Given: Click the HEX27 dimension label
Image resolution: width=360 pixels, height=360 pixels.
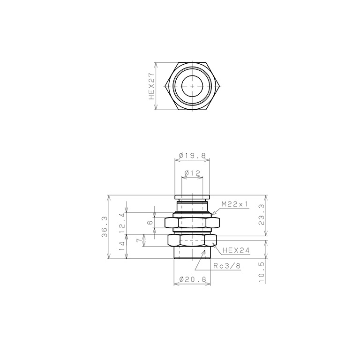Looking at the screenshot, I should click(x=151, y=87).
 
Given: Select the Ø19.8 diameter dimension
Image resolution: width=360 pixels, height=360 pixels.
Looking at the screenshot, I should click(x=193, y=156).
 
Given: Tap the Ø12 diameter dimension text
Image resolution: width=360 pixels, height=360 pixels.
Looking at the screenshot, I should click(x=193, y=173).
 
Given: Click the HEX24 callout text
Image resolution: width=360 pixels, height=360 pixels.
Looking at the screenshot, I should click(x=235, y=250).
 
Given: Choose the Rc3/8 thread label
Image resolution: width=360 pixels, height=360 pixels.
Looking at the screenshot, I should click(x=227, y=265).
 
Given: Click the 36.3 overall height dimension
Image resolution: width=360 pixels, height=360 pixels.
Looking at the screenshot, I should click(x=105, y=227).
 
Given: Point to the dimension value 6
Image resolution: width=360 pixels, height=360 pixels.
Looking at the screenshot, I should click(x=150, y=223).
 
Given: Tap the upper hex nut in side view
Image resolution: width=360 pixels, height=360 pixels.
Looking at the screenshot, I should click(x=193, y=223).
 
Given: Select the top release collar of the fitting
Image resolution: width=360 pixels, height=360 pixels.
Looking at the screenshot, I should click(x=193, y=197).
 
